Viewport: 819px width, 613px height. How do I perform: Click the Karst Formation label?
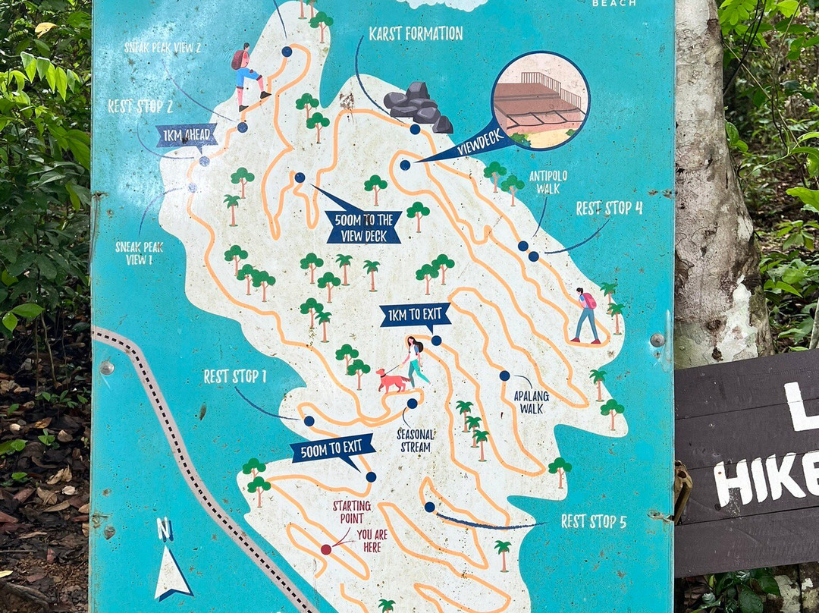[x=415, y=33]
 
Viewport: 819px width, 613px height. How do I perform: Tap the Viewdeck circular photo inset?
[x=540, y=100]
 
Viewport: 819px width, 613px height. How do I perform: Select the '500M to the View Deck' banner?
[x=363, y=227]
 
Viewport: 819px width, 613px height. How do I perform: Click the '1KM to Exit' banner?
[x=415, y=315]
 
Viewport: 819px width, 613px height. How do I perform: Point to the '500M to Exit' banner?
[x=334, y=448]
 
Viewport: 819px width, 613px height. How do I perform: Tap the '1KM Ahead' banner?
[x=187, y=137]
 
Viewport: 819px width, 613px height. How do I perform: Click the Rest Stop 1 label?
[x=234, y=376]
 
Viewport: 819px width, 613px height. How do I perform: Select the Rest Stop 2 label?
[x=140, y=106]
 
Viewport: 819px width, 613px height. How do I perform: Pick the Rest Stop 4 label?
[x=609, y=208]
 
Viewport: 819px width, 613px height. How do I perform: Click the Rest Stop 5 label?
[x=594, y=521]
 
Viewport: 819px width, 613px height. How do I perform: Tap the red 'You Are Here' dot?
[x=326, y=549]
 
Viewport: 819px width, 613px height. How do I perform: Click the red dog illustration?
[x=391, y=380]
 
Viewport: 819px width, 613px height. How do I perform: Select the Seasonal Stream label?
[x=416, y=441]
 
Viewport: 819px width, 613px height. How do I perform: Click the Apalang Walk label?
[x=531, y=402]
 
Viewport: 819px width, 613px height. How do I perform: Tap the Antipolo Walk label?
[x=548, y=181]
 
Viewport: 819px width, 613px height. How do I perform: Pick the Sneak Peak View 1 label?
[x=139, y=253]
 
